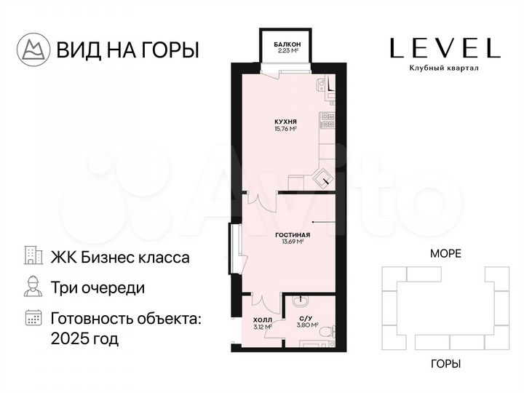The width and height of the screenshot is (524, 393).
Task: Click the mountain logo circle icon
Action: click(x=33, y=49)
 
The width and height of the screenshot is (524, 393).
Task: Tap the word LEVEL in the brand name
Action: click(x=445, y=48)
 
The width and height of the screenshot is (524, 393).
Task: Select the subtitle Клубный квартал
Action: click(x=444, y=68)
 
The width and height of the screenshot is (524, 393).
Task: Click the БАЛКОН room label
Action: click(x=287, y=44)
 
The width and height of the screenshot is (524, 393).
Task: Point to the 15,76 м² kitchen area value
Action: click(x=286, y=129)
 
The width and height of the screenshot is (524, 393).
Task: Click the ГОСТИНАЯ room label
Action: click(x=293, y=235)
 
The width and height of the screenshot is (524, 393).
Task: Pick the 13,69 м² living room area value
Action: click(x=293, y=242)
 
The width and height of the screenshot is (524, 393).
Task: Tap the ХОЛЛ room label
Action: click(x=263, y=319)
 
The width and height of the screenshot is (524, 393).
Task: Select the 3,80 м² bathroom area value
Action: click(x=307, y=325)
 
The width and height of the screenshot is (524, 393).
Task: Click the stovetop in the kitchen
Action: click(x=327, y=121)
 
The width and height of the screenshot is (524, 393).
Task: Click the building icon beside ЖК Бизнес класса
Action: click(x=33, y=255)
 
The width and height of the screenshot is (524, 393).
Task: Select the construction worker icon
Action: click(x=33, y=286)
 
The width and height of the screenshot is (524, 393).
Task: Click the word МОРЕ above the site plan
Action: click(x=445, y=254)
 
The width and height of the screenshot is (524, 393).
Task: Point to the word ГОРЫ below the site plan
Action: click(x=446, y=364)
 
